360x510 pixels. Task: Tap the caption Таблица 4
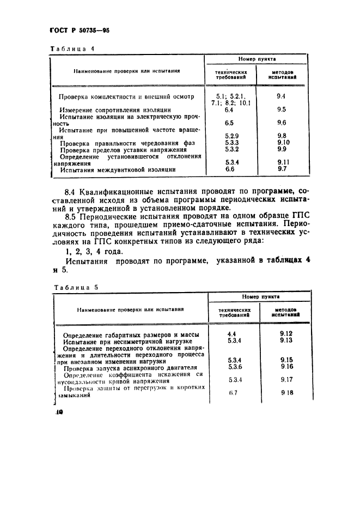72,48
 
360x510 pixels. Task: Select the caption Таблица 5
75,287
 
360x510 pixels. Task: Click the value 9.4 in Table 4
281,96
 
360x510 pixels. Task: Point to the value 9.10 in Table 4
282,142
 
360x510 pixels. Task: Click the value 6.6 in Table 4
229,169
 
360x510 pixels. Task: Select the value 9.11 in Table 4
282,162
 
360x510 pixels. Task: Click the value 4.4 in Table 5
231,333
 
